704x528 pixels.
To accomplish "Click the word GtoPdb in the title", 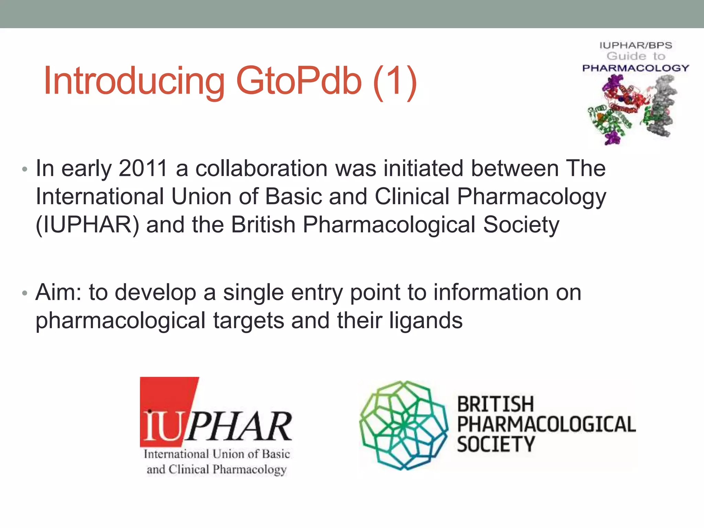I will [x=299, y=81].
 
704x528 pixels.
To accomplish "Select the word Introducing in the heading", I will [x=134, y=82].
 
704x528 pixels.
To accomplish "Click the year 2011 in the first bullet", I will [x=143, y=168].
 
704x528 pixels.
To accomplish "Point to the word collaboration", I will [x=262, y=168].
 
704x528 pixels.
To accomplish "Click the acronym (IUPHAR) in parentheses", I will [x=87, y=225].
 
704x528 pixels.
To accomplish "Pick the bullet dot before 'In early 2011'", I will [x=24, y=169].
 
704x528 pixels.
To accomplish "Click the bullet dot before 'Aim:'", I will [x=24, y=293].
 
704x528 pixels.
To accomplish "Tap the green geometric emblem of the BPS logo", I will [x=403, y=425].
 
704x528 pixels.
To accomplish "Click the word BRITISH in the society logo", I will [x=495, y=404].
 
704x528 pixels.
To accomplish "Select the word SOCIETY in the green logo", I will [x=496, y=444].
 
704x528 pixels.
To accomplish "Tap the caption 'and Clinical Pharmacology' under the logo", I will [x=217, y=470].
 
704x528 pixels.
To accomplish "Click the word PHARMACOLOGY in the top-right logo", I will [x=636, y=68].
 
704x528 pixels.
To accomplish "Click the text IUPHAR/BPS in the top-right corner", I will [x=636, y=45].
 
